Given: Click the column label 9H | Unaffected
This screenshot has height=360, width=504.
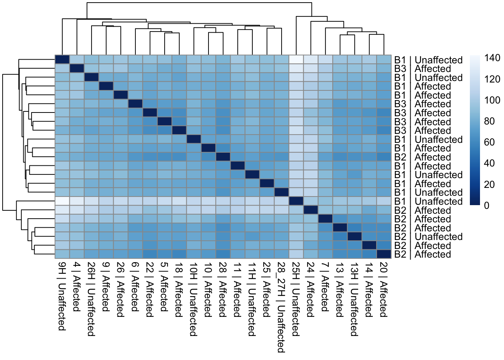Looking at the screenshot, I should point(62,296).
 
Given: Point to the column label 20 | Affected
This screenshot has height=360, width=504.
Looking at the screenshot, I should point(384,289).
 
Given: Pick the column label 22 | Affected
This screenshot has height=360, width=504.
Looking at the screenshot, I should point(150,289).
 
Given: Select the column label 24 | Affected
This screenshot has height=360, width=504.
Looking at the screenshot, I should point(310,289).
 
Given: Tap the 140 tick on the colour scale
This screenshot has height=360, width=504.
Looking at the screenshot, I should point(492,58).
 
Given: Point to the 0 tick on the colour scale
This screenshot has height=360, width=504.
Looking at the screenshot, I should point(487,205).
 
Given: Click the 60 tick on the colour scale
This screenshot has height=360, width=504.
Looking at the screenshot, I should point(489,142).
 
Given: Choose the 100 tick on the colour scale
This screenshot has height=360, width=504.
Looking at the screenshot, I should point(492,100).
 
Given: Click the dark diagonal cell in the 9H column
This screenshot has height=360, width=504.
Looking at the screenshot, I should point(62,60).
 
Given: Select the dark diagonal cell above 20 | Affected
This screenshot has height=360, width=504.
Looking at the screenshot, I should point(384,254).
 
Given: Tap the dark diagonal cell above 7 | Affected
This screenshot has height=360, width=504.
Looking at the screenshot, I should point(325,219).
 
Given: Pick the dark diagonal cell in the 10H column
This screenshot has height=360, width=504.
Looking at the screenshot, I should point(193,139).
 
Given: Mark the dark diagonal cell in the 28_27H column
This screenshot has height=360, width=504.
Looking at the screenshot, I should point(281,192).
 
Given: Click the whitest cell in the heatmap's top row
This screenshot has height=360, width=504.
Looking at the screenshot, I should point(296,60).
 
